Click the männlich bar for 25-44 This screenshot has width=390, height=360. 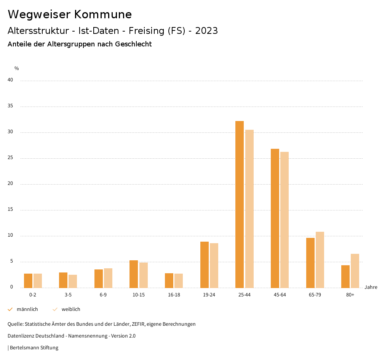240,204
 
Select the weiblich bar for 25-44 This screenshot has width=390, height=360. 249,209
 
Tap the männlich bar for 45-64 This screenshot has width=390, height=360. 275,218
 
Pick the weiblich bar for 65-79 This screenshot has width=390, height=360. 320,260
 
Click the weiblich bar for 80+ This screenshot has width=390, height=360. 355,271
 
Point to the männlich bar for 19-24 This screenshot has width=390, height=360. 205,265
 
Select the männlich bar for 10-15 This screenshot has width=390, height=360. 134,274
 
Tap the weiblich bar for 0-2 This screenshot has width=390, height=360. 38,280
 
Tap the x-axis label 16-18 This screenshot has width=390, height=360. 174,295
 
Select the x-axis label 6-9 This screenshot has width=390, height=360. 103,295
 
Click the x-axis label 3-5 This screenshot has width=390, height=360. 68,295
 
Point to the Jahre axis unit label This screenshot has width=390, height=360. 371,287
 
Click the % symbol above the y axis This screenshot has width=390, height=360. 17,68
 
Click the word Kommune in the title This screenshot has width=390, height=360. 103,14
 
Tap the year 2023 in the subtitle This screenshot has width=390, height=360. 206,31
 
